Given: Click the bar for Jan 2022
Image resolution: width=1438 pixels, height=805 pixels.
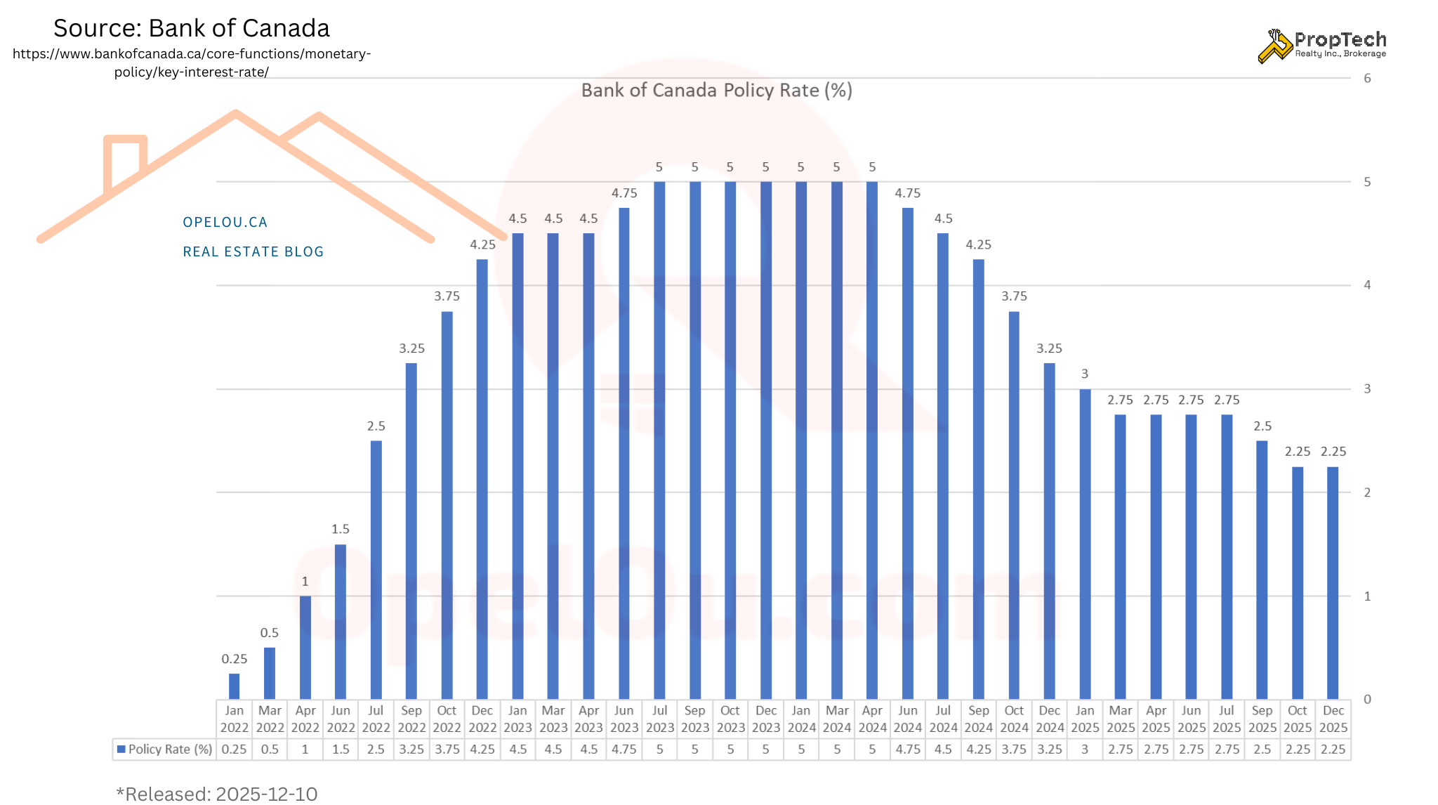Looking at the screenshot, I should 235,686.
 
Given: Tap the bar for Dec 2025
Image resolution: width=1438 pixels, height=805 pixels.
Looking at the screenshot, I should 1333,582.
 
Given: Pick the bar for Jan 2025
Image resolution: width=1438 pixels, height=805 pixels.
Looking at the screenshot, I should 1085,544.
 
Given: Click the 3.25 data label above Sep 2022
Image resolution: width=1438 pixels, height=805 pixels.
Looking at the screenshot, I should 411,348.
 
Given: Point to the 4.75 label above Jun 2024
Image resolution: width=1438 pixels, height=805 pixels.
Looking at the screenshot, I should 907,193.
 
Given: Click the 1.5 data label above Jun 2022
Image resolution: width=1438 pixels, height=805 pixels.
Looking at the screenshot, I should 341,529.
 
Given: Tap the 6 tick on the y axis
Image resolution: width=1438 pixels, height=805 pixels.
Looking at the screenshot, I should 1367,78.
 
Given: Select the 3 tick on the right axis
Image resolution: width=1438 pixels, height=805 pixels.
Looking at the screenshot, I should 1367,388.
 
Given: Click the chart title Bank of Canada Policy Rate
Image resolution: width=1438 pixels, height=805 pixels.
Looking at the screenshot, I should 716,91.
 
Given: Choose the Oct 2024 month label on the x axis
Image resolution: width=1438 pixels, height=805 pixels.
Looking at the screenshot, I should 1014,719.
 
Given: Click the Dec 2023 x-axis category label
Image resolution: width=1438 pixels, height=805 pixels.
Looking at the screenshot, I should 766,719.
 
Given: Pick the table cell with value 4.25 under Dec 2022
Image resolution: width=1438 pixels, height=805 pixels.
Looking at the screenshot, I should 482,750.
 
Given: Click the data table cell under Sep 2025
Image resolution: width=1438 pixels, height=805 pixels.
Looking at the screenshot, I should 1262,750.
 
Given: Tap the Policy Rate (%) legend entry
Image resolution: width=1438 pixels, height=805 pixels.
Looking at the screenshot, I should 164,750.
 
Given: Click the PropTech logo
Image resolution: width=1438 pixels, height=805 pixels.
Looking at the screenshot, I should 1321,46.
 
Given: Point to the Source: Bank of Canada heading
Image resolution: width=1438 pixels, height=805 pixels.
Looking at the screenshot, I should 191,28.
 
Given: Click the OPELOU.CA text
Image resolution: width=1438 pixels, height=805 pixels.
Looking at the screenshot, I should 225,222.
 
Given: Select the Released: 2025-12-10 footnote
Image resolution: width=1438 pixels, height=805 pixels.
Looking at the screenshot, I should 217,794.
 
